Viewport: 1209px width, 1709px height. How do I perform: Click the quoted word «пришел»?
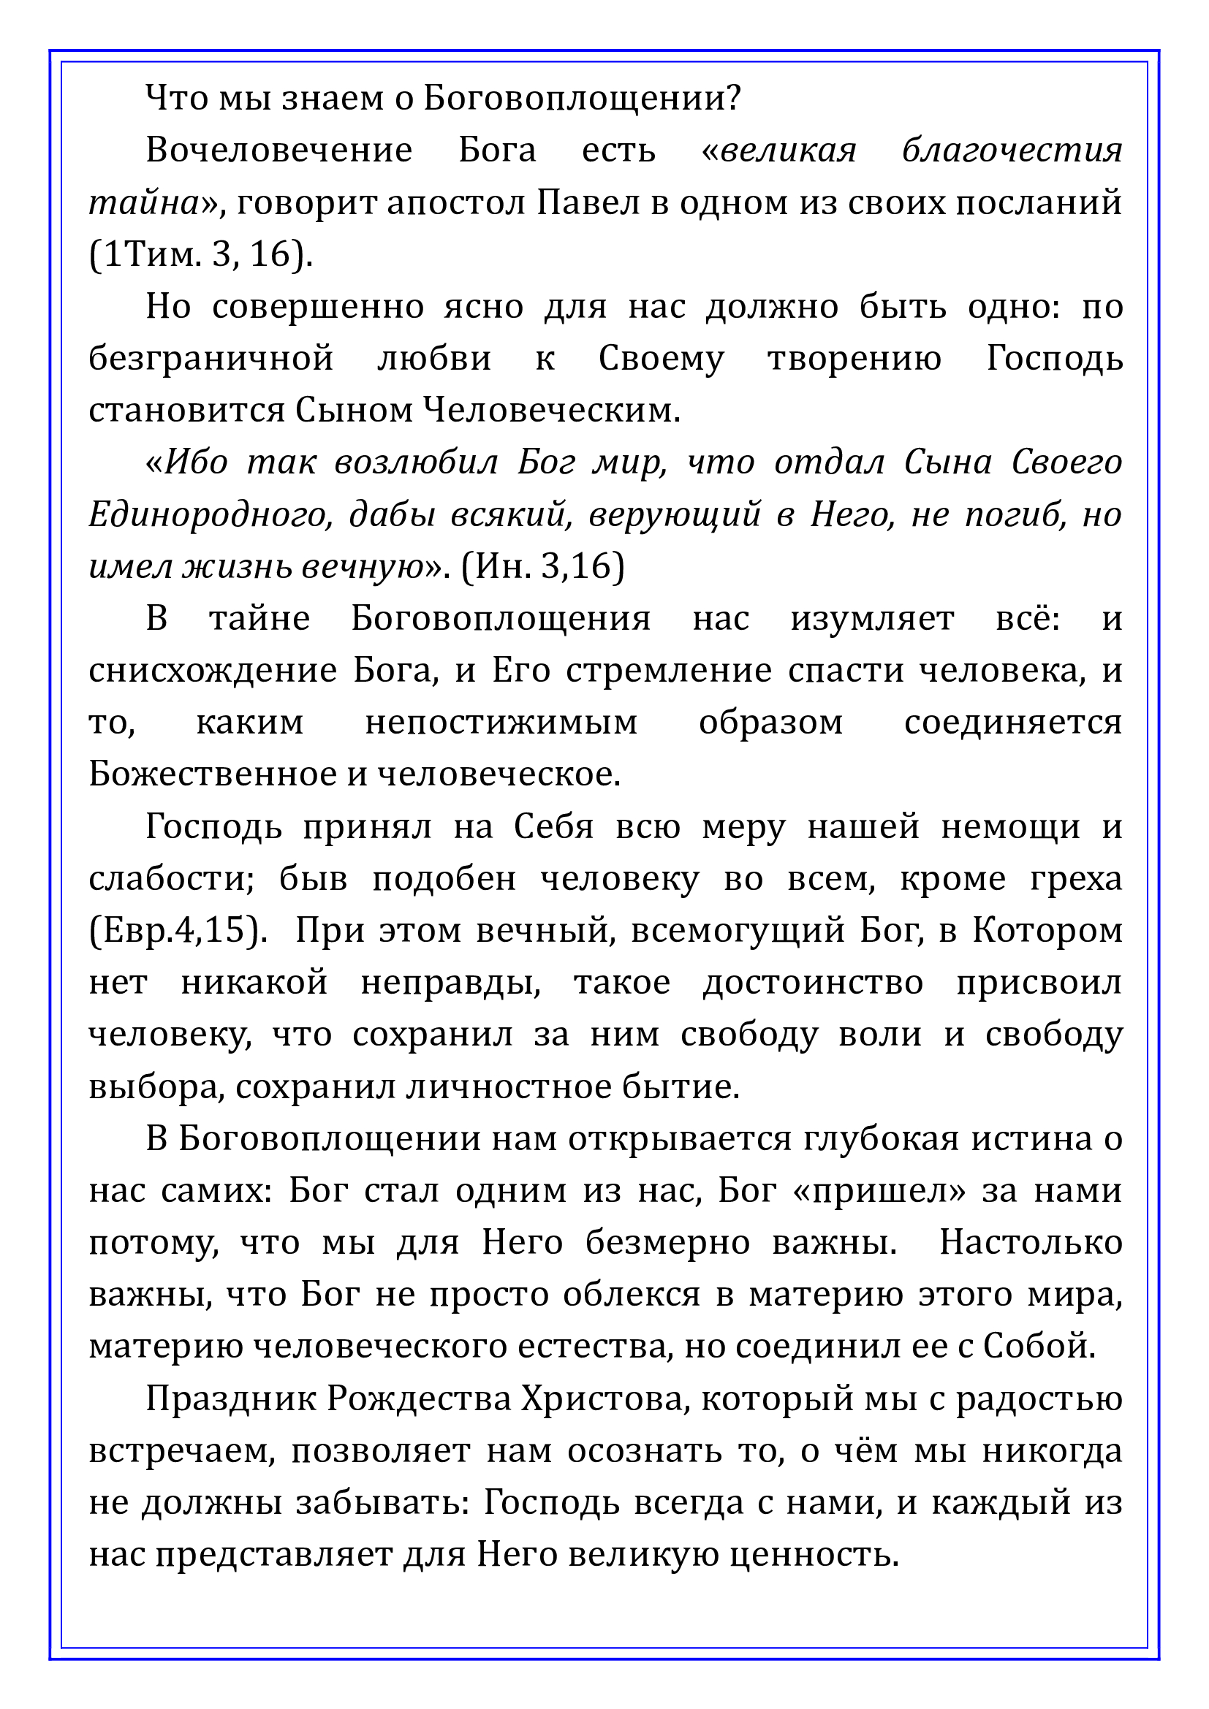pos(880,1192)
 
